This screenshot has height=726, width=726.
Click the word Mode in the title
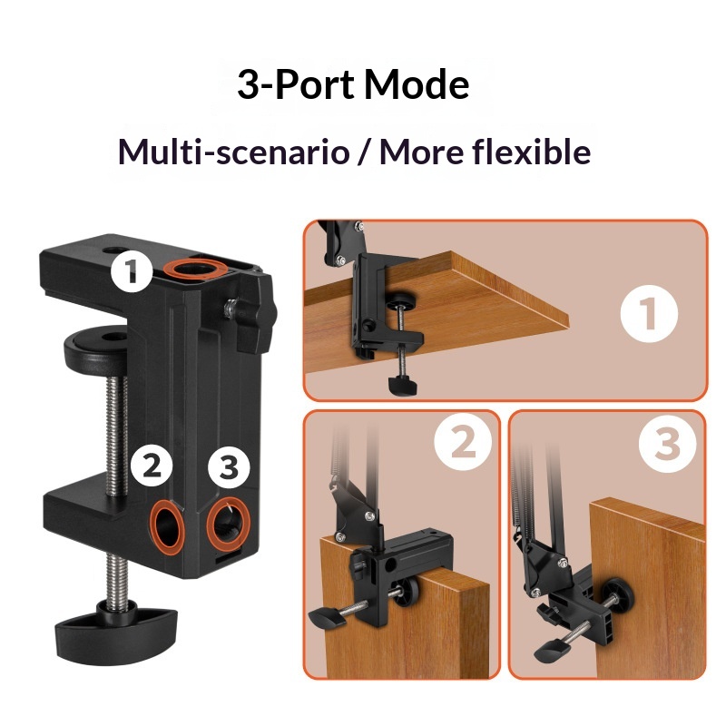pyautogui.click(x=417, y=85)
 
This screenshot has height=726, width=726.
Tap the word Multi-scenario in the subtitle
pyautogui.click(x=233, y=152)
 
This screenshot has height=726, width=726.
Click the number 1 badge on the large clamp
pyautogui.click(x=132, y=270)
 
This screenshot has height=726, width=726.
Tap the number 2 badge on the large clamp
pyautogui.click(x=152, y=466)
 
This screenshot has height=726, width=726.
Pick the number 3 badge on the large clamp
pyautogui.click(x=228, y=467)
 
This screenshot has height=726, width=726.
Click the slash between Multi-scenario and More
pyautogui.click(x=363, y=152)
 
